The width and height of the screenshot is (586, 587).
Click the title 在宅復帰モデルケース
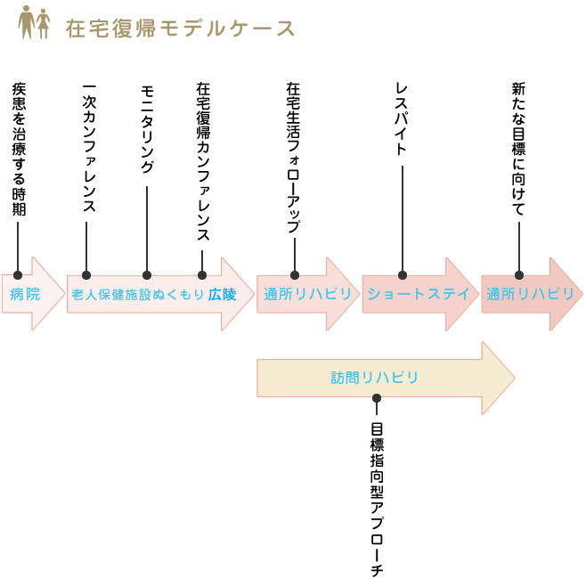point(180,29)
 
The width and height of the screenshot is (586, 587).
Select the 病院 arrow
point(26,294)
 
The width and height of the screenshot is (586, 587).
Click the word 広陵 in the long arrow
point(223,294)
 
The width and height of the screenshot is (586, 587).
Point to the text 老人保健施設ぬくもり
point(138,294)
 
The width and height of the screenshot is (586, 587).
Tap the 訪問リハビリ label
point(374,378)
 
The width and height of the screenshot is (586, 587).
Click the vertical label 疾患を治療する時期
point(18,150)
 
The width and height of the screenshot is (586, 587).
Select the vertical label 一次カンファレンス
point(88,148)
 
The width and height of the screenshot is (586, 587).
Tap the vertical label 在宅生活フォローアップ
point(293,158)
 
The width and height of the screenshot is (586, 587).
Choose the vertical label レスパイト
point(402,119)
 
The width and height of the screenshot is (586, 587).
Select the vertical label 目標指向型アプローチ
point(376,500)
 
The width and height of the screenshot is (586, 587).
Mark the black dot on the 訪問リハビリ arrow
point(377,398)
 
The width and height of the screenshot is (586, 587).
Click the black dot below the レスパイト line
point(403,275)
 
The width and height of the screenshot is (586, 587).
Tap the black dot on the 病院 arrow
point(18,275)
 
